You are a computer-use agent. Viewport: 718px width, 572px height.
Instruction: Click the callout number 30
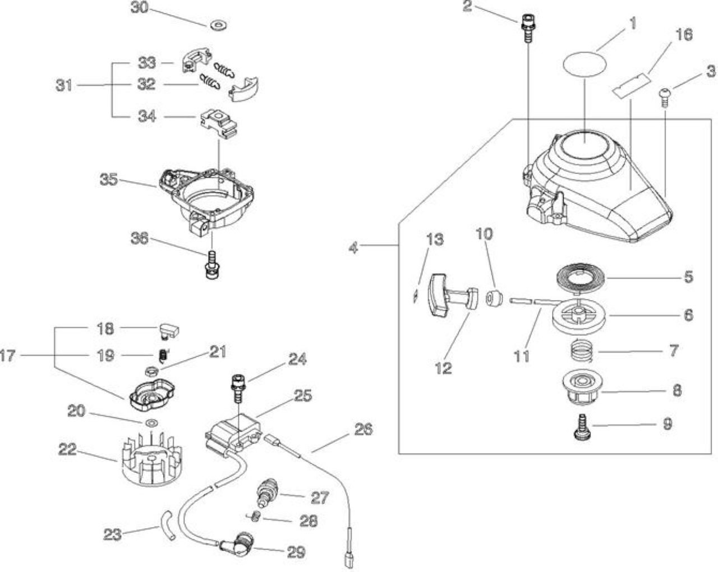140,7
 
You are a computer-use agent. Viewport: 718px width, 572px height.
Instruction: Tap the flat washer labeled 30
219,25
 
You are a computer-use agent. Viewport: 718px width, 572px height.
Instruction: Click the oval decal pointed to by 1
584,65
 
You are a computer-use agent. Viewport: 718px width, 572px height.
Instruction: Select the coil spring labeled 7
583,350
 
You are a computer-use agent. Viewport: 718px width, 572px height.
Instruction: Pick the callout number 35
109,179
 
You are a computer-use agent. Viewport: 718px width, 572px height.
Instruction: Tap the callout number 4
353,247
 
